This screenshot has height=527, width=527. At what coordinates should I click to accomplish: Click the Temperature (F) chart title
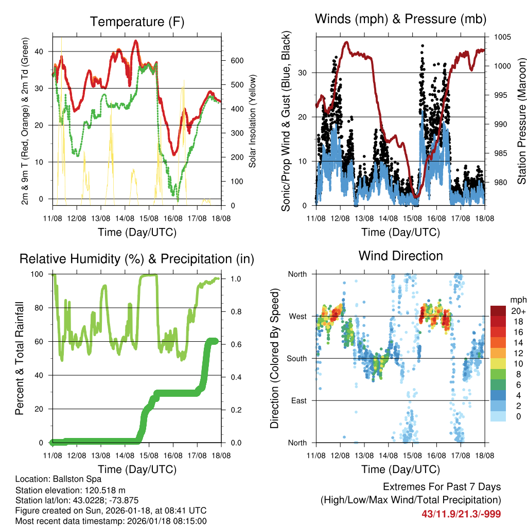(137, 22)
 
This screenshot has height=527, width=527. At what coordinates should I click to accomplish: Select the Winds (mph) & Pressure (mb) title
(400, 19)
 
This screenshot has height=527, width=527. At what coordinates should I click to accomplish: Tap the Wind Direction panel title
(400, 255)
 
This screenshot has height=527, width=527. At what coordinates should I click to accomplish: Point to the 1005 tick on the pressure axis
(502, 37)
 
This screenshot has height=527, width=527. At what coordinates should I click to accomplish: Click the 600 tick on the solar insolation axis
(237, 61)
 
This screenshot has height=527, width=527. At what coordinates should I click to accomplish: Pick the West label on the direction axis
(297, 316)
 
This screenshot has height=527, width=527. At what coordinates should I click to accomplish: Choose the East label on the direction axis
(298, 400)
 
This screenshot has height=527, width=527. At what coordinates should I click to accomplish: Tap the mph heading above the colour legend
(517, 300)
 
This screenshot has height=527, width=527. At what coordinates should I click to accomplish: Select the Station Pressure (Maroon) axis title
(521, 121)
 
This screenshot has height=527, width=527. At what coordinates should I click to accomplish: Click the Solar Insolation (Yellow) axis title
(253, 121)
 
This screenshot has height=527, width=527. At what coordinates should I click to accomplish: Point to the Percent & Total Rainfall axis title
(20, 359)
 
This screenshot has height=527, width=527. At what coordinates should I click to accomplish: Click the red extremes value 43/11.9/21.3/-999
(461, 514)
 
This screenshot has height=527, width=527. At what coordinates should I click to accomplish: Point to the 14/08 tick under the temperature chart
(125, 218)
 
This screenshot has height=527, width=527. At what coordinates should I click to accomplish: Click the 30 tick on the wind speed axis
(303, 73)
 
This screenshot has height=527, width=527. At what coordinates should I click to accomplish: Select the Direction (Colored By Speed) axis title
(274, 358)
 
